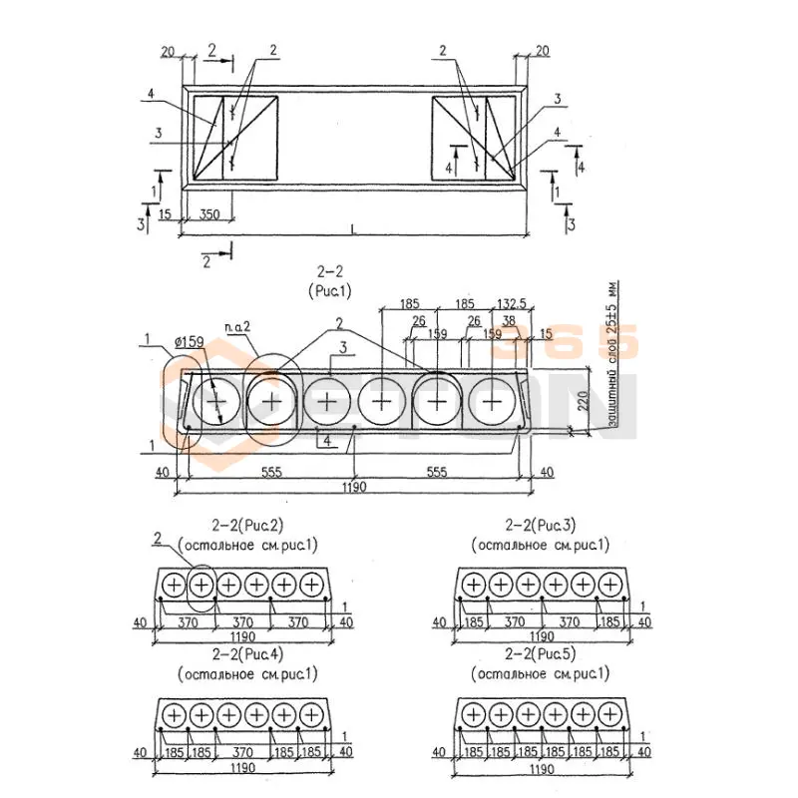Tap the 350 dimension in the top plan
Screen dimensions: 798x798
(209, 214)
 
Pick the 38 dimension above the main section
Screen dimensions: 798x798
(511, 321)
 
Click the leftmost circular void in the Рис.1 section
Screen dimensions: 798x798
(214, 400)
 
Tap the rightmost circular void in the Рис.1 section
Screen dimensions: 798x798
(492, 400)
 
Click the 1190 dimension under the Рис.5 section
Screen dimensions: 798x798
(542, 769)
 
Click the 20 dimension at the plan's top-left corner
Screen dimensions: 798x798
(168, 51)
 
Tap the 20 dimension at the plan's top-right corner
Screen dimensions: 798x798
(542, 51)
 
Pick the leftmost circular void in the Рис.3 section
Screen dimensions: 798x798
(473, 584)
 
